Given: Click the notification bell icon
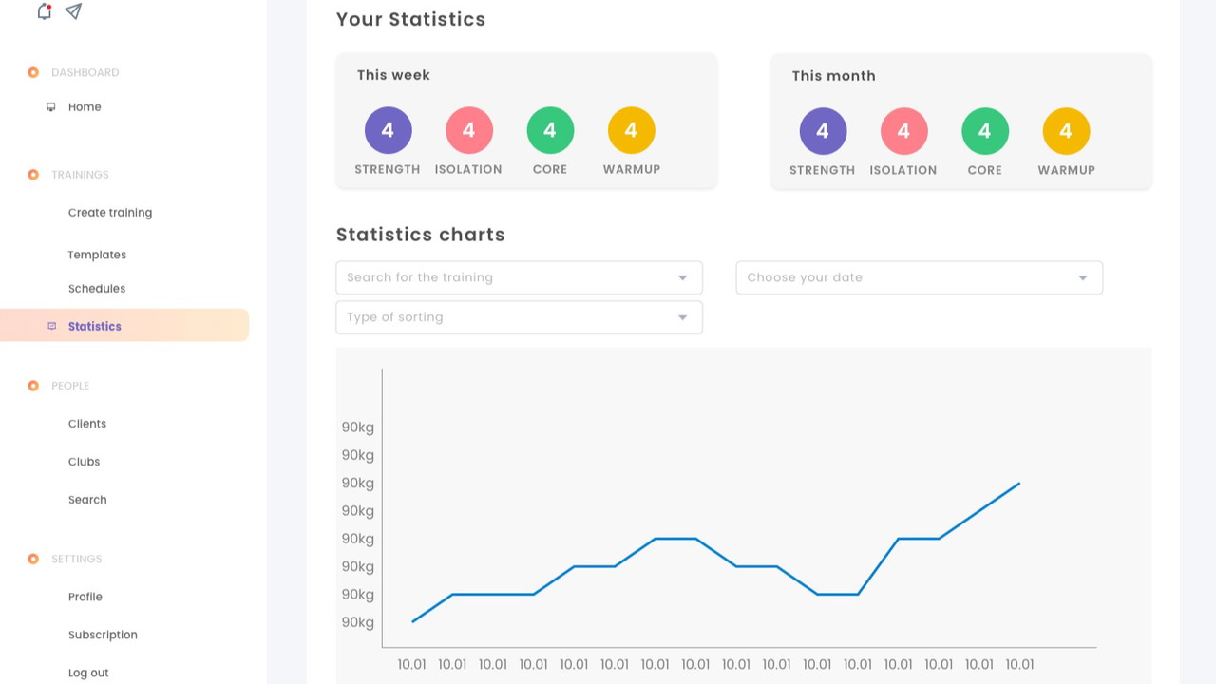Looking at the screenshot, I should [x=44, y=11].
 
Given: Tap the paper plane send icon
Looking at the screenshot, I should [x=73, y=11].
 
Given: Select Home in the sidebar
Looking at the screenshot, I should [x=85, y=107].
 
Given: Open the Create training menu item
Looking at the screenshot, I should [x=110, y=213].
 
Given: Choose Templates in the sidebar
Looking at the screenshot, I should [x=97, y=255].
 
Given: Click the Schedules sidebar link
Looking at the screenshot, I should [x=97, y=289].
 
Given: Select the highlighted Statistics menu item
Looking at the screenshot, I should [x=95, y=326].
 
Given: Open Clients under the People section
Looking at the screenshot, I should [x=87, y=424].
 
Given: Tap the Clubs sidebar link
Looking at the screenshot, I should [x=84, y=462].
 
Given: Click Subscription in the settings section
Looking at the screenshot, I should [x=103, y=635].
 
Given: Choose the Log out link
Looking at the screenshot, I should [x=88, y=673].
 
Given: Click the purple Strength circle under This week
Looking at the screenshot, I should [x=388, y=130].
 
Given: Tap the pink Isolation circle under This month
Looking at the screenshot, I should [x=903, y=131].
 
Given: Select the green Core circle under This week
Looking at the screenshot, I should [x=550, y=130].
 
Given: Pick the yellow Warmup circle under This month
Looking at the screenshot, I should [x=1066, y=131].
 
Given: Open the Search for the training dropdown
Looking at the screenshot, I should [x=519, y=277].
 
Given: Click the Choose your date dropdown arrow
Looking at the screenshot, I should [x=1082, y=277].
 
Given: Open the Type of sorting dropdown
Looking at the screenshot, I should [x=519, y=317].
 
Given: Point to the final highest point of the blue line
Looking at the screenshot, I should [x=1019, y=484].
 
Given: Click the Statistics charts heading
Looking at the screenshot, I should [x=421, y=235].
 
